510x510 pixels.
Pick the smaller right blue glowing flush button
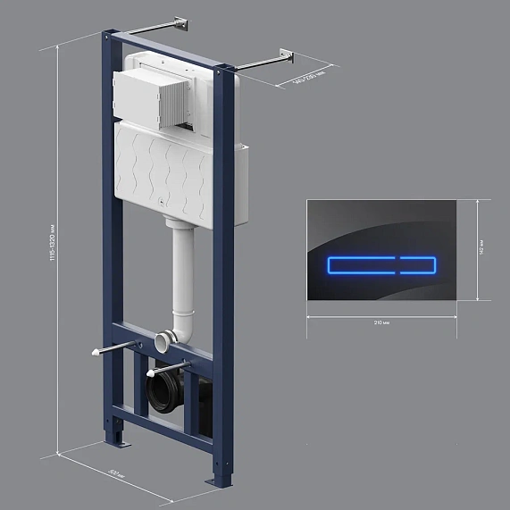(418, 263)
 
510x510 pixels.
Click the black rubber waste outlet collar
(166, 393)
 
